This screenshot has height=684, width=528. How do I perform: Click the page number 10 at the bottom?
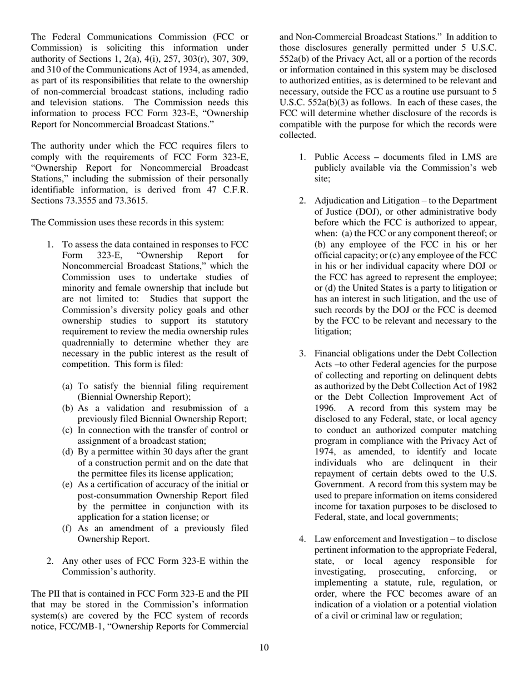(x=264, y=647)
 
